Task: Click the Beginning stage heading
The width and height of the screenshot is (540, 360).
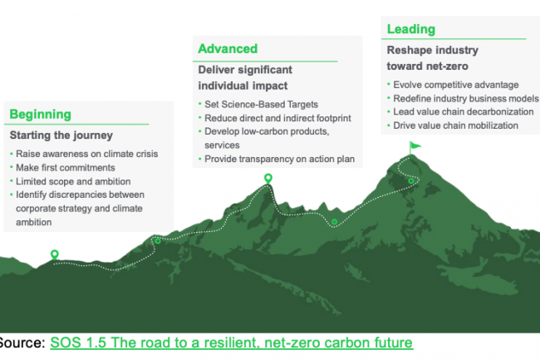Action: (41, 115)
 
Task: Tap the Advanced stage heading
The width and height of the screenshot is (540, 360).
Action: (228, 48)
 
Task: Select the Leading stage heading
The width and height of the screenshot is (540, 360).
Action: (411, 29)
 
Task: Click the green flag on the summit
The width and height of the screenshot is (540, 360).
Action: (415, 147)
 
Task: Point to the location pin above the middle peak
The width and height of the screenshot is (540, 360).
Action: (268, 179)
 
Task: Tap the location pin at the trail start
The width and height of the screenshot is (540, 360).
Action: (54, 254)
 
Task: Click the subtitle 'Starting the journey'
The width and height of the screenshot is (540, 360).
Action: (61, 136)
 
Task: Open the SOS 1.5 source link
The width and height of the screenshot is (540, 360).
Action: (232, 343)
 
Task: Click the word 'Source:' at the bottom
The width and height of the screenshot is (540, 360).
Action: (22, 343)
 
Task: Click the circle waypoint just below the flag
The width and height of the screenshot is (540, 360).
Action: (411, 181)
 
